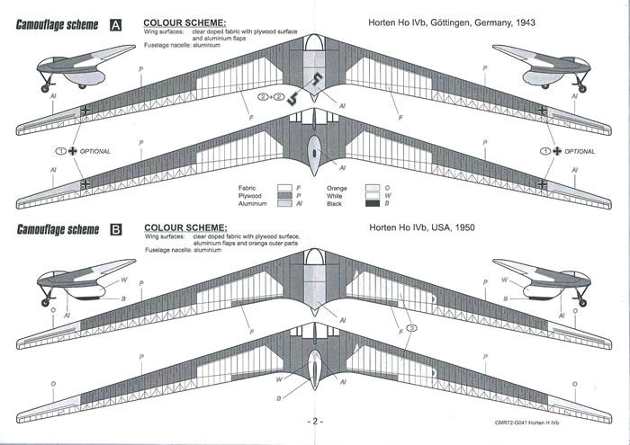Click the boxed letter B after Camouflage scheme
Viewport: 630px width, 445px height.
click(x=115, y=229)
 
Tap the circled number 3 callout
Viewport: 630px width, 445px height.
click(x=412, y=329)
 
